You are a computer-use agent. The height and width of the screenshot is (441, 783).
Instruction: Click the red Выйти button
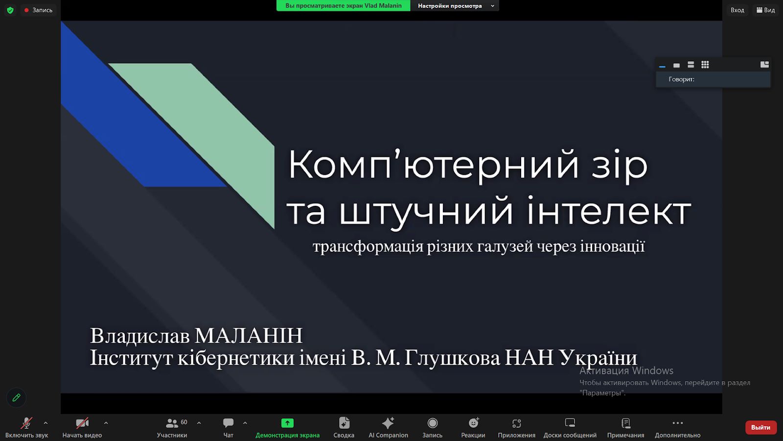pos(760,427)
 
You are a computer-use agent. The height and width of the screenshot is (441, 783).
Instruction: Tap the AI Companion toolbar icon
pos(388,423)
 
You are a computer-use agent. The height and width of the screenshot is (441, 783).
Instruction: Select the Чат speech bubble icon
pos(228,423)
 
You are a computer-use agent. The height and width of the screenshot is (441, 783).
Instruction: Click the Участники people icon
pos(172,423)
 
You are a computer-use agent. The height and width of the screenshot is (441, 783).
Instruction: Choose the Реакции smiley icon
pos(474,423)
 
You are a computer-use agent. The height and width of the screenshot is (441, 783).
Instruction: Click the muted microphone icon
pos(26,423)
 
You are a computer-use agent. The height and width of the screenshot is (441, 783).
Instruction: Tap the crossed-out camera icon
pos(82,423)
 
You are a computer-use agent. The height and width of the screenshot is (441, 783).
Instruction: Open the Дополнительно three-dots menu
pos(677,423)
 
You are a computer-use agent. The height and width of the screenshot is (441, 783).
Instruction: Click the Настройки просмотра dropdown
pos(455,5)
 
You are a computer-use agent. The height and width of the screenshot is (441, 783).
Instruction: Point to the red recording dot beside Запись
pos(26,10)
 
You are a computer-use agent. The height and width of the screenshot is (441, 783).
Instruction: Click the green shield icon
pos(10,10)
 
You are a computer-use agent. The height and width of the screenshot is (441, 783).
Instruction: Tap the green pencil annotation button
pos(16,397)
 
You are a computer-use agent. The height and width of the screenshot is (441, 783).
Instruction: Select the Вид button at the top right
pos(765,10)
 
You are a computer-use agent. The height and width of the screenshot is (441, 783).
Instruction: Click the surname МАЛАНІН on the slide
pos(249,336)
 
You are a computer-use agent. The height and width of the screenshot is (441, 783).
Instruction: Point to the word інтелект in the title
pos(609,211)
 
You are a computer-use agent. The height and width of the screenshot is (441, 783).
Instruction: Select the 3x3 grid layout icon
pos(705,65)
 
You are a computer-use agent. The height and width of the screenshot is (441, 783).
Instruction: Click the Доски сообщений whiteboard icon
pos(570,423)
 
